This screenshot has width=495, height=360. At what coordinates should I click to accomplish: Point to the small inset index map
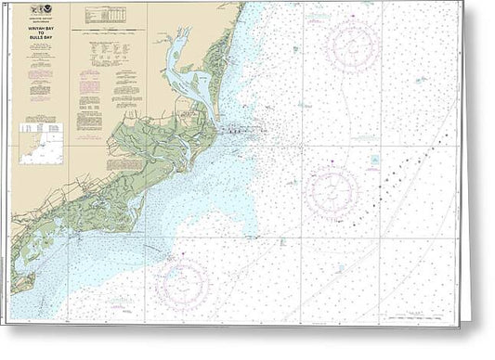tap(41, 145)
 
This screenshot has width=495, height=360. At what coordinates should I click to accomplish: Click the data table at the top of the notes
tap(107, 16)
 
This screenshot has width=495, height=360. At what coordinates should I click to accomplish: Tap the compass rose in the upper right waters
tap(352, 45)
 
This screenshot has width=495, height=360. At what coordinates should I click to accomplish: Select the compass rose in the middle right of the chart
tap(332, 191)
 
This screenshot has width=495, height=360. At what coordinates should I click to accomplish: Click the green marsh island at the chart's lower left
tap(22, 278)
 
